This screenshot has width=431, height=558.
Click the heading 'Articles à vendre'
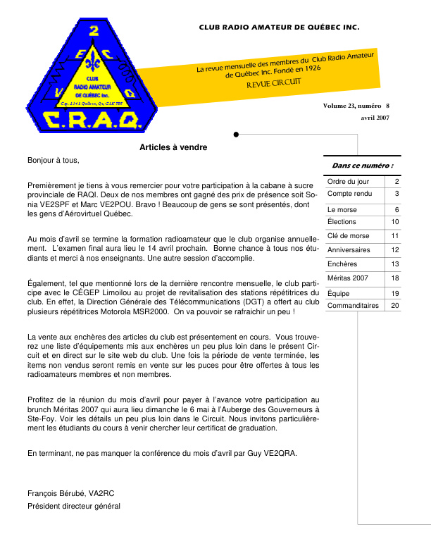pyautogui.click(x=173, y=147)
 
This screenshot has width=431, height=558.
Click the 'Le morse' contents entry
pyautogui.click(x=342, y=210)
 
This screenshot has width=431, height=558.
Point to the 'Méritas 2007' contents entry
pyautogui.click(x=348, y=278)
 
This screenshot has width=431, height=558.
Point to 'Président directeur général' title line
pyautogui.click(x=74, y=506)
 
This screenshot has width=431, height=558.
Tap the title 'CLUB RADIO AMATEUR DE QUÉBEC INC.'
pyautogui.click(x=279, y=29)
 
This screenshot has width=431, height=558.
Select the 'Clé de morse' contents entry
pyautogui.click(x=349, y=235)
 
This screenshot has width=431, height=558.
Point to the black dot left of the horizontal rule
pyautogui.click(x=237, y=134)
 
